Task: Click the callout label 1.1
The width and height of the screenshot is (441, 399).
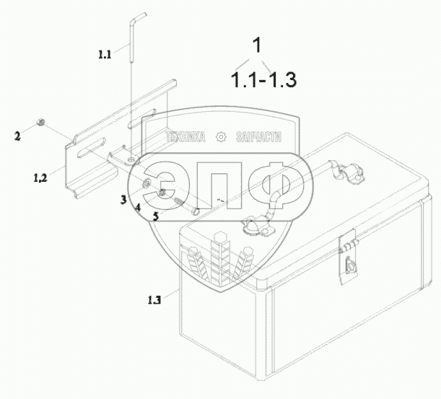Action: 105,54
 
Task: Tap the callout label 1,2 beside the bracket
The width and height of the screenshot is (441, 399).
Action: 40,177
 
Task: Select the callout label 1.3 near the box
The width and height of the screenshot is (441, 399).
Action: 154,300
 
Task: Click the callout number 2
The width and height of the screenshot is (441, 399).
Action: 17,136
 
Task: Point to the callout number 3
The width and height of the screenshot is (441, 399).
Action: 123,200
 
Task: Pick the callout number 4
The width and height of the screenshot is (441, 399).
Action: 138,208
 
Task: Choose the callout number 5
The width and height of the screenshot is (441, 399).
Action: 156,216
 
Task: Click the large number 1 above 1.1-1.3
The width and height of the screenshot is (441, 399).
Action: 258,45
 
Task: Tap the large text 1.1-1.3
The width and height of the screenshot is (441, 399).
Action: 263,79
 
